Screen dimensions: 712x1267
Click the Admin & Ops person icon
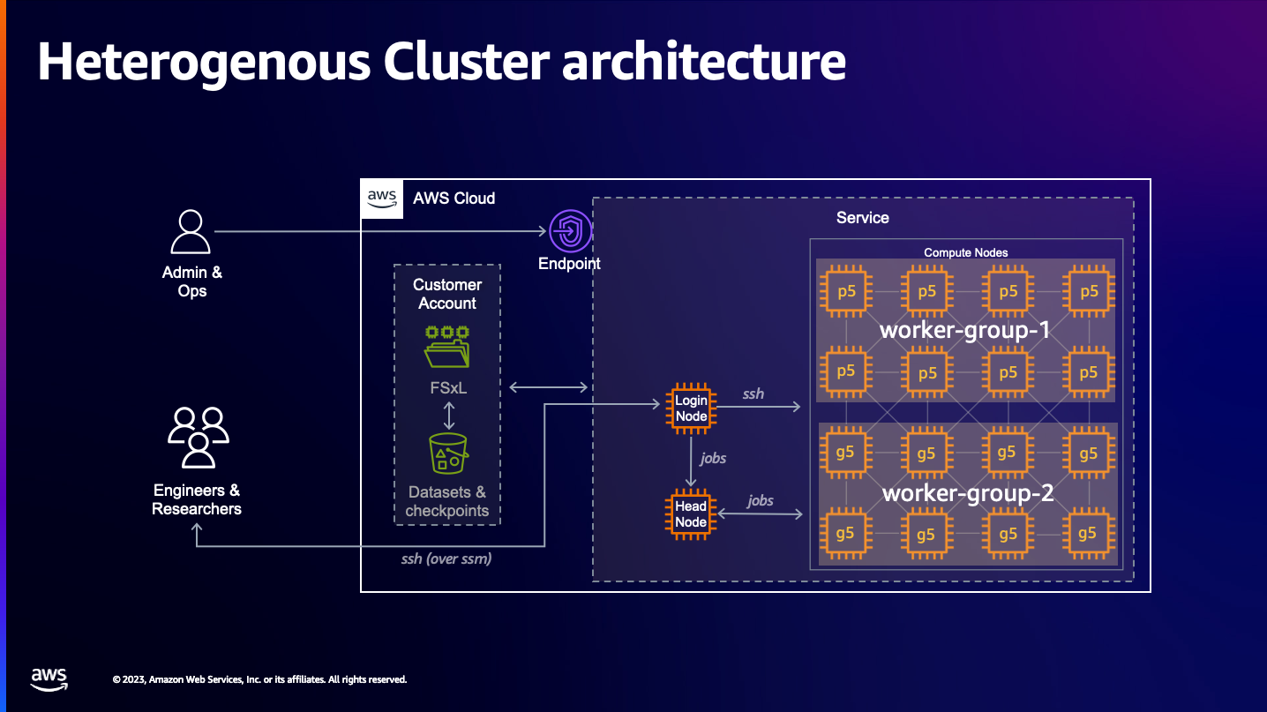(191, 232)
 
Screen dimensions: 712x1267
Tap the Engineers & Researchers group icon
(198, 438)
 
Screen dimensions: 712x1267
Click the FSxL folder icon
(447, 347)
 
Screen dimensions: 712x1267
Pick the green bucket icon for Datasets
(448, 453)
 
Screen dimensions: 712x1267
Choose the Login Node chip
(691, 408)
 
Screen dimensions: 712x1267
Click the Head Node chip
(691, 513)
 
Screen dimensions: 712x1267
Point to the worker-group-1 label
(965, 331)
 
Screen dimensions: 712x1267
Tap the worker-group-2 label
(968, 492)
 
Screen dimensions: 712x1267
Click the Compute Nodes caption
(965, 252)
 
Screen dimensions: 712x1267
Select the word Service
(862, 218)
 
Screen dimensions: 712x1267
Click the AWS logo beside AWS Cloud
(382, 198)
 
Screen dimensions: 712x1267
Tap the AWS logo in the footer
(49, 678)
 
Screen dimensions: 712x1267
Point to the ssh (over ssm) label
(446, 558)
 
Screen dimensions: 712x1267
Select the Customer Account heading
(447, 294)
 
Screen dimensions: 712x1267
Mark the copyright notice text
(259, 680)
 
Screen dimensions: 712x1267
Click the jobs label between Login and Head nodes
(713, 459)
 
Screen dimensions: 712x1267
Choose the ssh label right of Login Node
(753, 393)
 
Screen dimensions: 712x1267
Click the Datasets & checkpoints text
(447, 501)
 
